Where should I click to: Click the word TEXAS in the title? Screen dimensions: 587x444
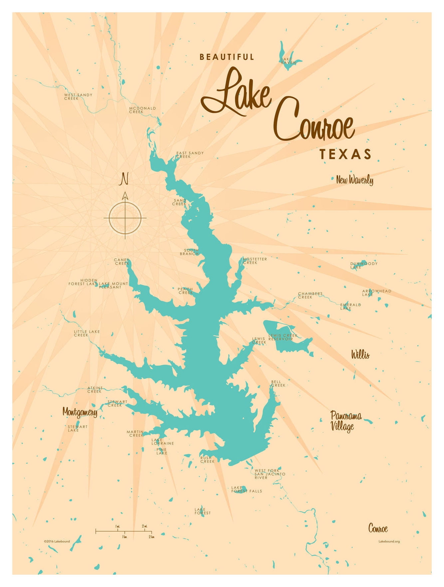coord(345,154)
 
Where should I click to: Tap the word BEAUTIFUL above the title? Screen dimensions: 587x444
coord(227,57)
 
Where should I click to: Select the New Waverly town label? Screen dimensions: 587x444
coord(354,180)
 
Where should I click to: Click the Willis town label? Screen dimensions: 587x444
coord(360,355)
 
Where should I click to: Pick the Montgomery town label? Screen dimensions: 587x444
coord(80,412)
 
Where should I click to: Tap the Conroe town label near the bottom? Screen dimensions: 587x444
coord(378,528)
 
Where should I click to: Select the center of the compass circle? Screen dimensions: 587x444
coord(125,218)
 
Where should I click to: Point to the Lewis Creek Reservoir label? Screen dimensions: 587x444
coord(283,337)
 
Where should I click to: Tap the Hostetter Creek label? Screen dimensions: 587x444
coord(255,261)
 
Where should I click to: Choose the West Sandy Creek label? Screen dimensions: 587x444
coord(78,96)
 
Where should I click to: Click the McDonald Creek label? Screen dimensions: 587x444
coord(142,110)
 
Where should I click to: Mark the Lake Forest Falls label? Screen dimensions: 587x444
coord(246,489)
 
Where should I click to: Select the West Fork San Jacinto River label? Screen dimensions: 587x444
coord(270,474)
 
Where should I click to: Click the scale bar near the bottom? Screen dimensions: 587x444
coord(123,531)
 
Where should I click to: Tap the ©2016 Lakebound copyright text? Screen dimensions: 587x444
coord(57,541)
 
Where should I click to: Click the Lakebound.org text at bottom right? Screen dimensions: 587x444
coord(389,541)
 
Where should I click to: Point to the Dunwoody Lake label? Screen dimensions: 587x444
coord(363,265)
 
